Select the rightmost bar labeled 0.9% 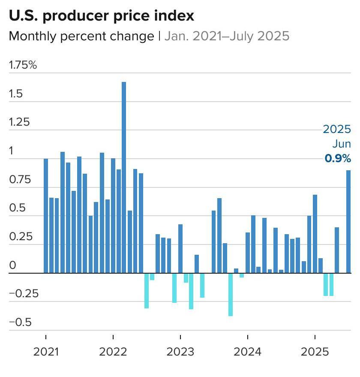click(349, 221)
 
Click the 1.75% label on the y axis click(23, 65)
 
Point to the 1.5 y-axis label click(16, 94)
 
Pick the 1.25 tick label click(19, 122)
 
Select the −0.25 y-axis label click(24, 294)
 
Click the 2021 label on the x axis click(46, 352)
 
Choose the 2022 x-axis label click(113, 352)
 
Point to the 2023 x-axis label click(180, 352)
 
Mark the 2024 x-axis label click(248, 352)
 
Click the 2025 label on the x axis click(315, 352)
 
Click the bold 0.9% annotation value click(338, 158)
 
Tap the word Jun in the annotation click(342, 144)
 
